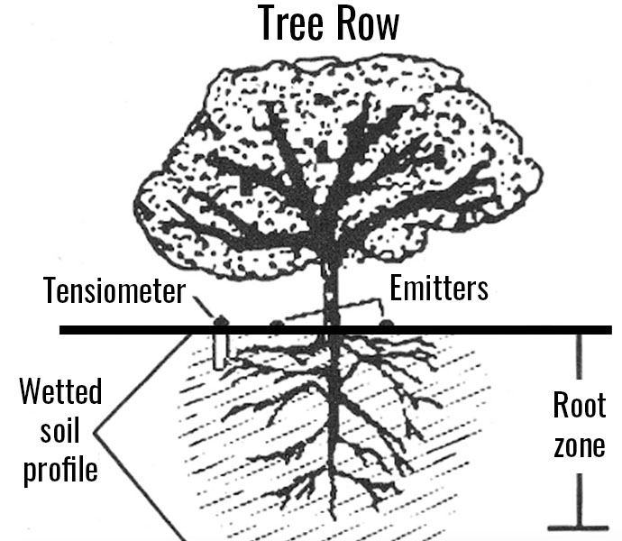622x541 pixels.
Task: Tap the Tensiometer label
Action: [114, 291]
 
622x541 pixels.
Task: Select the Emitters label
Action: [439, 289]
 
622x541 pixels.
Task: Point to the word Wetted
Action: [61, 393]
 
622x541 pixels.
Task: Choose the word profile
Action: [61, 471]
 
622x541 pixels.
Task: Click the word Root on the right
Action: [579, 406]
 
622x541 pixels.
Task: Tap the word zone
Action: [579, 445]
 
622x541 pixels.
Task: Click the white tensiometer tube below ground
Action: [219, 352]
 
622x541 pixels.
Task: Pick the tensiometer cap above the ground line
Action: [219, 320]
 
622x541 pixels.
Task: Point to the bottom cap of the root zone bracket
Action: [578, 527]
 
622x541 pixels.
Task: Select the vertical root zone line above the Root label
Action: [579, 361]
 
